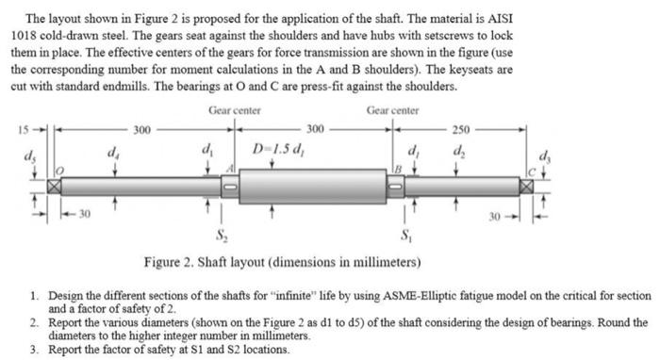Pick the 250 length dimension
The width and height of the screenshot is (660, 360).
(x=461, y=127)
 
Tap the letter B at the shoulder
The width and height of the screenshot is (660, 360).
(x=398, y=169)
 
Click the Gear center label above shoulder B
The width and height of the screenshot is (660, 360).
(x=393, y=110)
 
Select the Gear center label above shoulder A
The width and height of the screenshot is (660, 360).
(x=233, y=110)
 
